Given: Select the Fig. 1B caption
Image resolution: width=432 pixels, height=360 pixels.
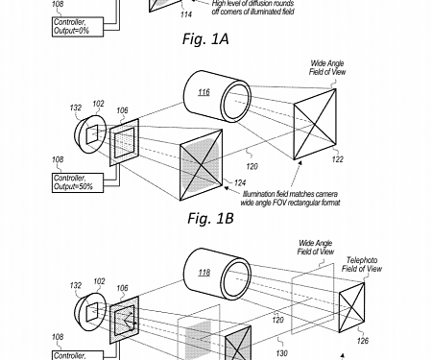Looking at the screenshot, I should [213, 219].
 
